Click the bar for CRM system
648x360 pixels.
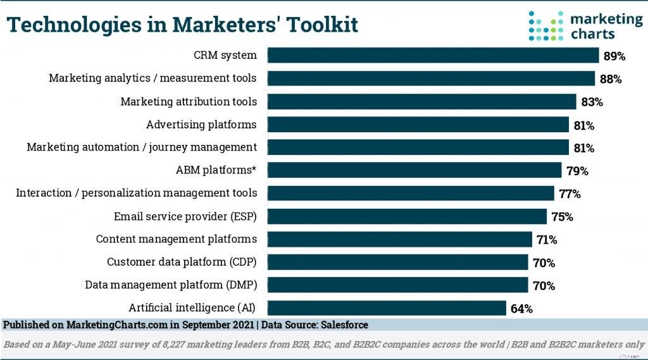(x=433, y=56)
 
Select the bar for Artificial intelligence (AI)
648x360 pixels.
(x=387, y=308)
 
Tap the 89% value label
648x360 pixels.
(x=614, y=56)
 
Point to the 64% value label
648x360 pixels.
(x=521, y=309)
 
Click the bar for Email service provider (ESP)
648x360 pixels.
(x=407, y=216)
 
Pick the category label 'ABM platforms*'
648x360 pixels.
(x=216, y=170)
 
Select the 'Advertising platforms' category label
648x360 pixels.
(x=201, y=124)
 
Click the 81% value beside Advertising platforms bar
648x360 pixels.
(x=583, y=125)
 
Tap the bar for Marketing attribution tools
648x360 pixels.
(x=422, y=101)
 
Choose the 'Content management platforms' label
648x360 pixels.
(x=176, y=239)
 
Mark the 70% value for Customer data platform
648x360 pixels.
(x=543, y=263)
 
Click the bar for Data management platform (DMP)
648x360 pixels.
(x=398, y=285)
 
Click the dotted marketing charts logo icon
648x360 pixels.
(x=545, y=25)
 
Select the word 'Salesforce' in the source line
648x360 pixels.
(x=341, y=325)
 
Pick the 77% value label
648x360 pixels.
(x=570, y=194)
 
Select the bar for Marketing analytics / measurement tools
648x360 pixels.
(x=431, y=78)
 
